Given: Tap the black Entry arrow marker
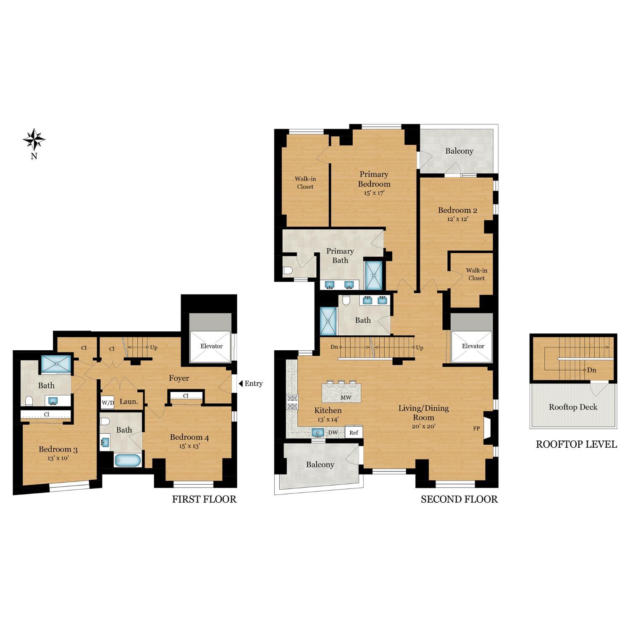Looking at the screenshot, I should [x=241, y=383].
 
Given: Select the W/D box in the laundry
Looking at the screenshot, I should [x=108, y=402].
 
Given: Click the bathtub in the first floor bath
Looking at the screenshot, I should [x=127, y=461].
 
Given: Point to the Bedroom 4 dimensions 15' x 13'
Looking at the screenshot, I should [x=189, y=446].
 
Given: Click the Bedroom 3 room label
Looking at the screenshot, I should [x=58, y=449].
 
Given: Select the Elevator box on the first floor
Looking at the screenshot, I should [x=211, y=346].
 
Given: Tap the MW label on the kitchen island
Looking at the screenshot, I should [x=346, y=397].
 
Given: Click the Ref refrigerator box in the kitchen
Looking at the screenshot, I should [x=354, y=432].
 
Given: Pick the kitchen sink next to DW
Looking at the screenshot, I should [x=318, y=432].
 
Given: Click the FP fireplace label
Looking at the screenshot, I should [x=476, y=428].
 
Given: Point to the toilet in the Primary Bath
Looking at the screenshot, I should [x=288, y=270].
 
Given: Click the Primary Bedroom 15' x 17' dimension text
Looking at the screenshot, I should [x=374, y=193].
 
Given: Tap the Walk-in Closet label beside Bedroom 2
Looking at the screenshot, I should [x=476, y=274].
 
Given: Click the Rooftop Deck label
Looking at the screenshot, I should [x=573, y=407].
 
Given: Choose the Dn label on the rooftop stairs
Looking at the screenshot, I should [x=591, y=370].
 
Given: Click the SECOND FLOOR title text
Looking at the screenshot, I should [x=459, y=499].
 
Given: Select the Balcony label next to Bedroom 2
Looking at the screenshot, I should [x=459, y=151].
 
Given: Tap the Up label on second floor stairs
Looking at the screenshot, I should [x=420, y=347].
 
